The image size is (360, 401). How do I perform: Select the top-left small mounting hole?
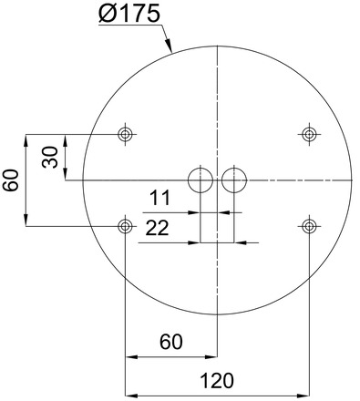tap(126, 135)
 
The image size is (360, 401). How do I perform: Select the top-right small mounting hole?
tap(309, 135)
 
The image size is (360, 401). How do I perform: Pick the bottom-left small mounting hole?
tap(126, 225)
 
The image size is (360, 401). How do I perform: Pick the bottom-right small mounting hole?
tap(309, 225)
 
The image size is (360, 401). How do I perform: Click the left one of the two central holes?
tap(200, 180)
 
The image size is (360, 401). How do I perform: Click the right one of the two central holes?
tap(234, 180)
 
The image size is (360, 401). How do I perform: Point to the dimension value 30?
tap(50, 157)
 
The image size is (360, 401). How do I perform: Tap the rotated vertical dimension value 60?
tap(11, 180)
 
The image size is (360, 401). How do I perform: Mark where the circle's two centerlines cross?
tap(217, 180)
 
